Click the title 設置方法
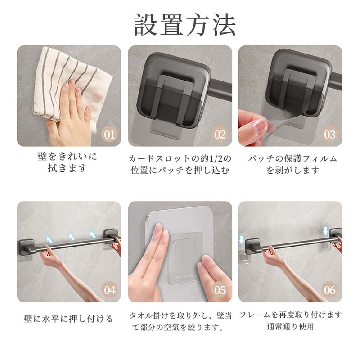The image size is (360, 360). tap(185, 25)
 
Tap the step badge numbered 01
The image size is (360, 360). tap(109, 135)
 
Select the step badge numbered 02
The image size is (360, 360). tap(220, 135)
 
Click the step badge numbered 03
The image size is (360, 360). tap(330, 135)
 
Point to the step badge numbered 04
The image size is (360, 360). tap(109, 290)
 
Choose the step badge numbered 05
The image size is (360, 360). tap(220, 290)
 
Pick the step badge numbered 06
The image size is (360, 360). tap(330, 290)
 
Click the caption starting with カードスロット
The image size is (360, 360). tap(180, 164)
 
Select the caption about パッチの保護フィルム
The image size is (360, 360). tap(292, 164)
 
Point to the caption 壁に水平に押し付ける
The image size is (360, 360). tap(68, 319)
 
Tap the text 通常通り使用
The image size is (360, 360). tap(290, 326)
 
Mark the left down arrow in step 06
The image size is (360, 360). tap(242, 239)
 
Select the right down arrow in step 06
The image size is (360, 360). tap(325, 231)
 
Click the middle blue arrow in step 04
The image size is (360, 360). tap(71, 236)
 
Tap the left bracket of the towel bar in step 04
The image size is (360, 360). tap(27, 246)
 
